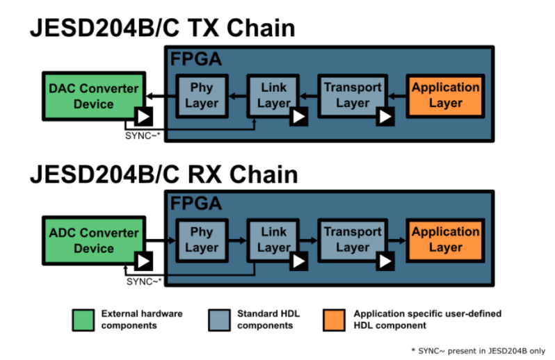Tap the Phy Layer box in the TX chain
click(202, 95)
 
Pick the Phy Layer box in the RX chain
click(202, 239)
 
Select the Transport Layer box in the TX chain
click(353, 95)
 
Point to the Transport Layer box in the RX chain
click(353, 239)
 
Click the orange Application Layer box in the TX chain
click(445, 95)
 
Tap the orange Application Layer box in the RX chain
click(445, 239)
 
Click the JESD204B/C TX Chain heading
click(161, 28)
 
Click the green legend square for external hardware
click(83, 319)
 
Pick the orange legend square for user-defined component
click(335, 319)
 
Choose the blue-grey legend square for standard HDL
click(219, 319)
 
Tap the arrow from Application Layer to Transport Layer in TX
click(396, 95)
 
